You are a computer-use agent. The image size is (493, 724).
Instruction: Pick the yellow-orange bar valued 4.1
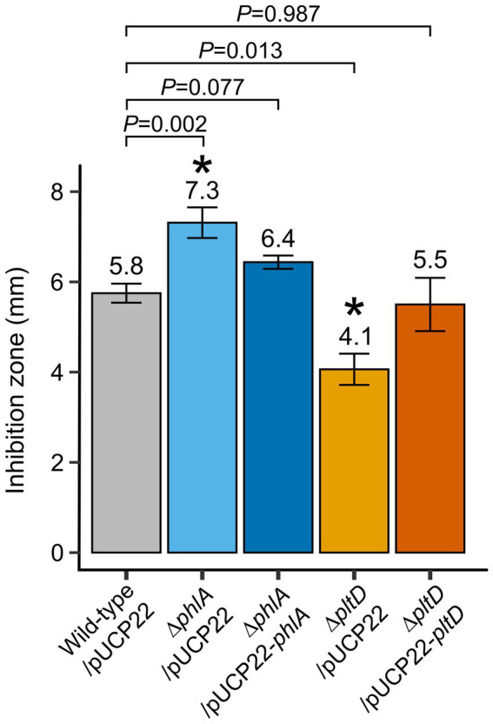point(354,461)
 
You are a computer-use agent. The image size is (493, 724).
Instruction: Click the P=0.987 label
point(278,13)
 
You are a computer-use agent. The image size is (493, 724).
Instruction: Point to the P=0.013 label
point(240,50)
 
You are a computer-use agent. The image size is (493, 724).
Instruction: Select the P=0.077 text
point(202,87)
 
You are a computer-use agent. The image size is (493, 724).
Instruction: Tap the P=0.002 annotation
point(164,123)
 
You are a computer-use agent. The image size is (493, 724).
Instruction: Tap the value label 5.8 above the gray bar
point(126,263)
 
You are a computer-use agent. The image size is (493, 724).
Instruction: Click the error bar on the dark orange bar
point(430,305)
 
